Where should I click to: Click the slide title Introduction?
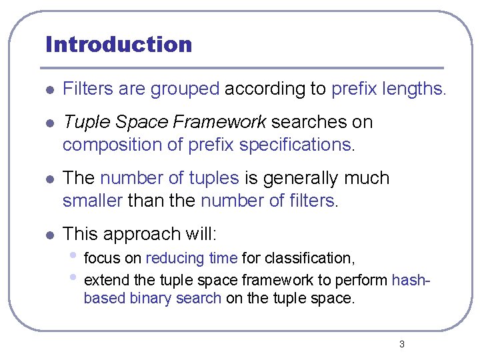119,45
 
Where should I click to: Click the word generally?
298,178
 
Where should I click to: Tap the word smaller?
92,201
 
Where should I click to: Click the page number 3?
401,344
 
